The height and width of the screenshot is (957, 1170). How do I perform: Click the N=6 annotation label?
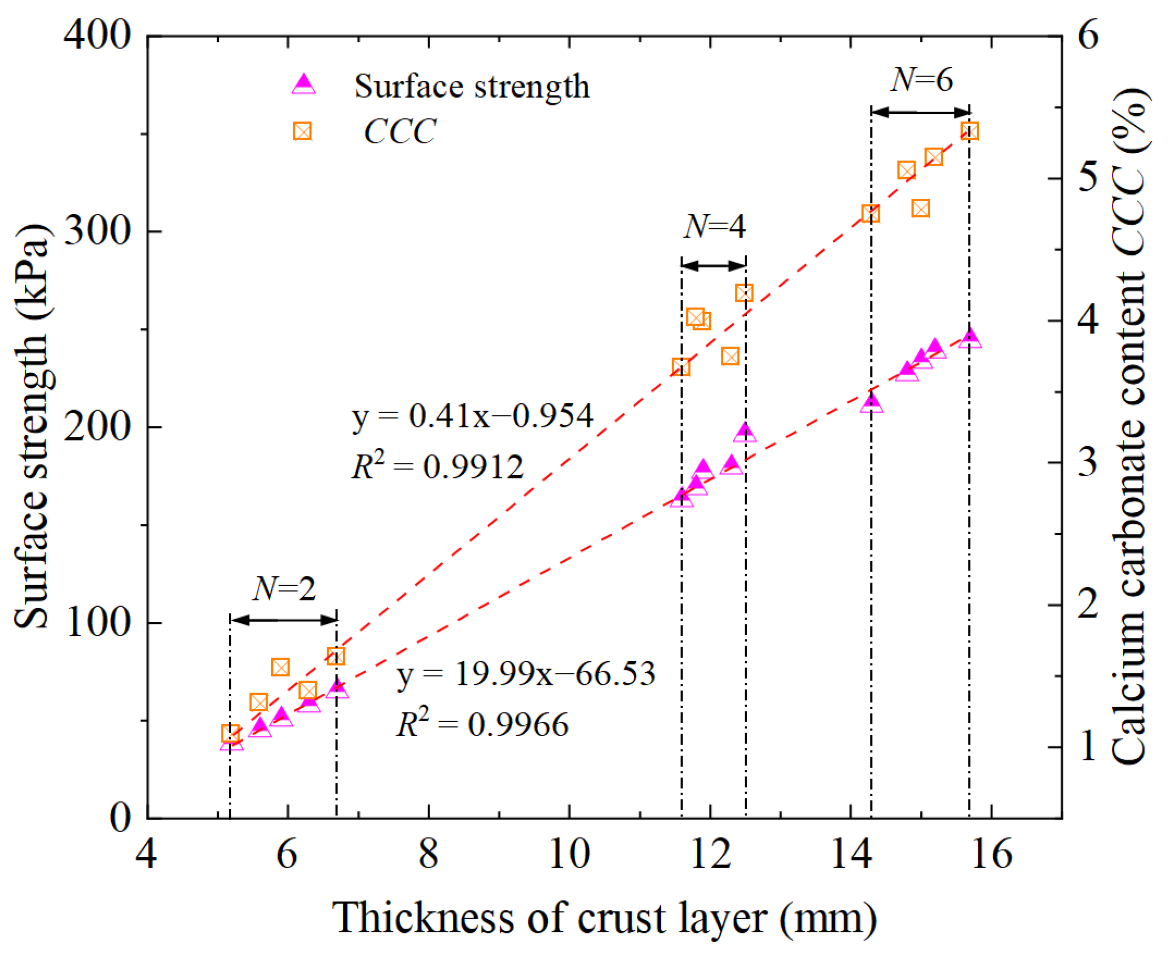point(921,80)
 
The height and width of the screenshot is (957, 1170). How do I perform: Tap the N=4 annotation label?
point(715,226)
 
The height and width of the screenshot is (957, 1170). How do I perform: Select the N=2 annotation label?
point(284,589)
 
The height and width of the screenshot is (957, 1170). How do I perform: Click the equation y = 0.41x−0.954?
point(473,416)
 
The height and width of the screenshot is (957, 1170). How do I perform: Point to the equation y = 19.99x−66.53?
point(526,674)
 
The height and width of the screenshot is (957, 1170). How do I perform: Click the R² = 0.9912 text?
point(438,466)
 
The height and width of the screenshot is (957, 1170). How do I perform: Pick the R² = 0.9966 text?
point(482,724)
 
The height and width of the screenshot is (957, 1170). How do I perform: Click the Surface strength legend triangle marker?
point(303,85)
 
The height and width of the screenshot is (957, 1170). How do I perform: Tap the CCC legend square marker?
point(302,131)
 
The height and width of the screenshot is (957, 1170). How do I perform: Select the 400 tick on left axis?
point(97,35)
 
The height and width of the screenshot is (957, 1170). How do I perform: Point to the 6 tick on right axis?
point(1088,35)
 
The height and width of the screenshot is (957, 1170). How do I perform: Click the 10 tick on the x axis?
point(569,854)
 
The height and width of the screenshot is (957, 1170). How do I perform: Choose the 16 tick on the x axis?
point(992,854)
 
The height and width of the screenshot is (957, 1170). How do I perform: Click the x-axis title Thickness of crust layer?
point(604,918)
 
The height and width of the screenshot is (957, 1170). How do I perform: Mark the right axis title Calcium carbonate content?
point(1128,427)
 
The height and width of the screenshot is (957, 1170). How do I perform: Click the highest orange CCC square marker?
point(970,131)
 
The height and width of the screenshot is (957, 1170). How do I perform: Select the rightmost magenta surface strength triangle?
point(970,338)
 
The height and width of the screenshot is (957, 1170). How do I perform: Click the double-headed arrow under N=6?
point(920,112)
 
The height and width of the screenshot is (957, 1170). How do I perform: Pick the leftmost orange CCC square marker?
point(230,734)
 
